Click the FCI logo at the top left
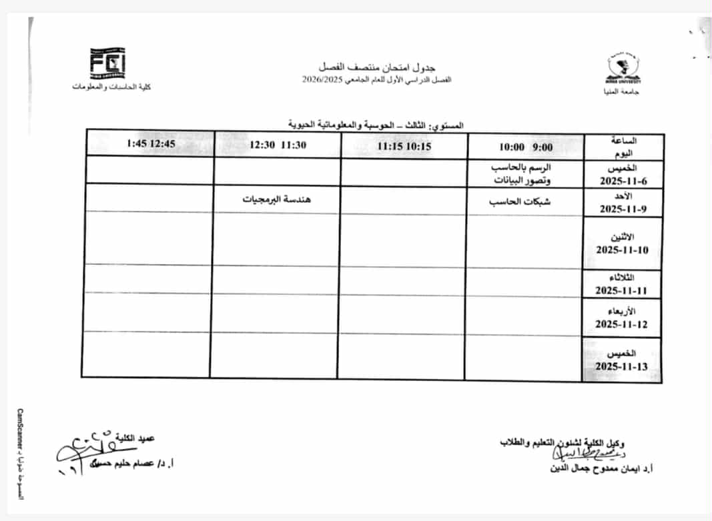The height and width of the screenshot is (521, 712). (x=107, y=64)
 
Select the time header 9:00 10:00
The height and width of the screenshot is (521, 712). (x=525, y=146)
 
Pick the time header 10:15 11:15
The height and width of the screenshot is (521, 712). (x=404, y=146)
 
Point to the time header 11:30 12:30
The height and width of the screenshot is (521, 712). (x=278, y=145)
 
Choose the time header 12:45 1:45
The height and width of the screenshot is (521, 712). (x=150, y=143)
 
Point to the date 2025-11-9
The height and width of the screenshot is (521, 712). (x=623, y=209)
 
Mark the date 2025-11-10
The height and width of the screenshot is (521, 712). (x=623, y=251)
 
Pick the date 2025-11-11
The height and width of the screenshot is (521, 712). (x=623, y=291)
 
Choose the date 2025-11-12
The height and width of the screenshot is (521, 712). (x=623, y=325)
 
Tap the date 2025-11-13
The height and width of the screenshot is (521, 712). (x=623, y=367)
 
